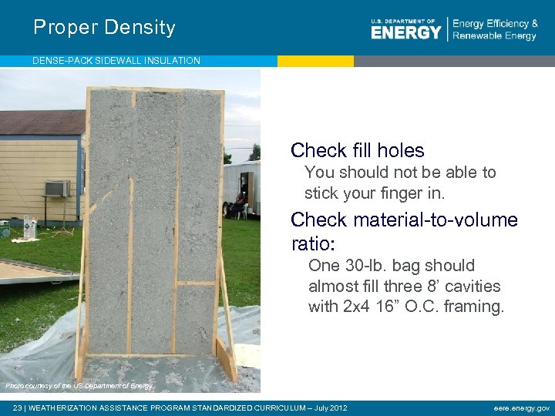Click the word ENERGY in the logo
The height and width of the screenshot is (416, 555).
pos(405,32)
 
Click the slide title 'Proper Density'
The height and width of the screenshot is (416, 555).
pos(104,28)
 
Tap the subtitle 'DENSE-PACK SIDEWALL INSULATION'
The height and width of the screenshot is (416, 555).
pos(116,61)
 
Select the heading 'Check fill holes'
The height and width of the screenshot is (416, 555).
pos(357,150)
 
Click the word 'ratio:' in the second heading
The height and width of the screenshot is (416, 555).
pos(314,244)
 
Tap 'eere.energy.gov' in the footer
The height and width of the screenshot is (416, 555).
pos(522,408)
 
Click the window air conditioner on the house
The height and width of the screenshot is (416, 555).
pos(57,188)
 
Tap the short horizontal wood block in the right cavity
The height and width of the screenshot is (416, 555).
pos(197,284)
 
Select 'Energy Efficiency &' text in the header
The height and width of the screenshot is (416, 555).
pos(495,24)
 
